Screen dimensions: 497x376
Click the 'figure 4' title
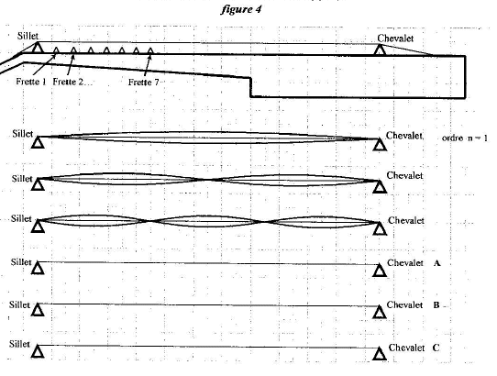[241, 9]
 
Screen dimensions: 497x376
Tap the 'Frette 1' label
[31, 82]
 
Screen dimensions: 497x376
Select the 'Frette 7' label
[144, 83]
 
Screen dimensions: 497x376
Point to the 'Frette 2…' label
[72, 82]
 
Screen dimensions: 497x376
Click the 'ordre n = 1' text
[464, 138]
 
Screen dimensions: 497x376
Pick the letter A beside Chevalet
[436, 263]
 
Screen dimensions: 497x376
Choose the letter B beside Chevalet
[436, 305]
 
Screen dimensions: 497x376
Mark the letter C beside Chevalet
[436, 348]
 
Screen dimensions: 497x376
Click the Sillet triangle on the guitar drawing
[38, 48]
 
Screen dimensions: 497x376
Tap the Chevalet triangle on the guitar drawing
[380, 50]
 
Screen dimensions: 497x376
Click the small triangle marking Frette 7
[150, 50]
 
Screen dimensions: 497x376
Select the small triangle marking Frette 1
[56, 50]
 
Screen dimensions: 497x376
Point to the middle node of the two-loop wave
[202, 180]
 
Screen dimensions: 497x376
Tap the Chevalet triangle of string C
[379, 353]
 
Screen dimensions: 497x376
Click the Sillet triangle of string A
[38, 267]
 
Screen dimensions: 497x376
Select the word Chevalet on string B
[404, 305]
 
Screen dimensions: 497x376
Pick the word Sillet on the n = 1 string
[23, 134]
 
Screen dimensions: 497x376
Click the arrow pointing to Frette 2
[71, 66]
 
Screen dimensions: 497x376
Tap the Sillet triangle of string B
[38, 310]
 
